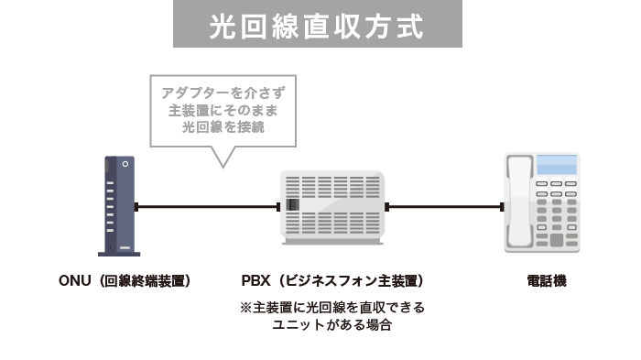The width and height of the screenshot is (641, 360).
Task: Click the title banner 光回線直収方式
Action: [x=317, y=25]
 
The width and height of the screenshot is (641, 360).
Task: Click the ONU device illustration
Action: [x=119, y=206]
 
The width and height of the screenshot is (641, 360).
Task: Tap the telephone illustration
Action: [x=543, y=203]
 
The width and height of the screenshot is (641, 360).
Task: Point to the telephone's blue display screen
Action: [x=557, y=167]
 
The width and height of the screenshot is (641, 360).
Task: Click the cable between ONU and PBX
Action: [x=208, y=207]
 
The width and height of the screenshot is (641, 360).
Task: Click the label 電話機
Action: [x=547, y=280]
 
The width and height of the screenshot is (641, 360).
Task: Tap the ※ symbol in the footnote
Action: [x=245, y=308]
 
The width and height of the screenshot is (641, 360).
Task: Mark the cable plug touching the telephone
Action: [x=501, y=207]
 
